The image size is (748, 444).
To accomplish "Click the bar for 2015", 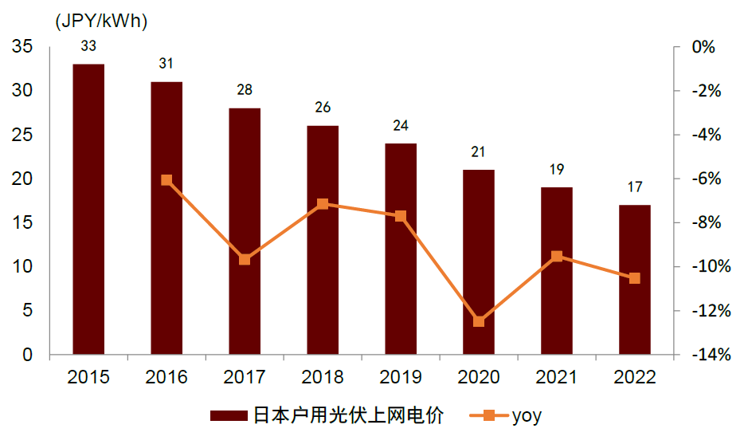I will coord(88,209).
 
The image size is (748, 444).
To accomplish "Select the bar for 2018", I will coord(323,239).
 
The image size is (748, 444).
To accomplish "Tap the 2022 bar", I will coord(635,279).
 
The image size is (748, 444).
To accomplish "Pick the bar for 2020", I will coord(479,261).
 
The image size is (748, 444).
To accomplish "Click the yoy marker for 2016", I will coord(166,180).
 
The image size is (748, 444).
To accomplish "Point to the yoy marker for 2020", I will coord(479,321).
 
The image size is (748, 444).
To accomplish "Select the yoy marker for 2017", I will coord(245,259).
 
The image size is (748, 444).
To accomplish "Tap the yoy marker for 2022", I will coord(635,278).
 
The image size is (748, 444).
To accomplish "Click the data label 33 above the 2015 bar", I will coord(88,46).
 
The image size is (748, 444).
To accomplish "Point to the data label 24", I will coord(401,126).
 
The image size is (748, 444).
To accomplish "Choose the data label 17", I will coord(635,187).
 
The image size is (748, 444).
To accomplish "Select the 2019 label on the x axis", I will coord(401,377).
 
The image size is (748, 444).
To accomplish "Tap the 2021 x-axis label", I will coord(557,377).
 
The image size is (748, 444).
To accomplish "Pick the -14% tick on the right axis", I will coord(709,355).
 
